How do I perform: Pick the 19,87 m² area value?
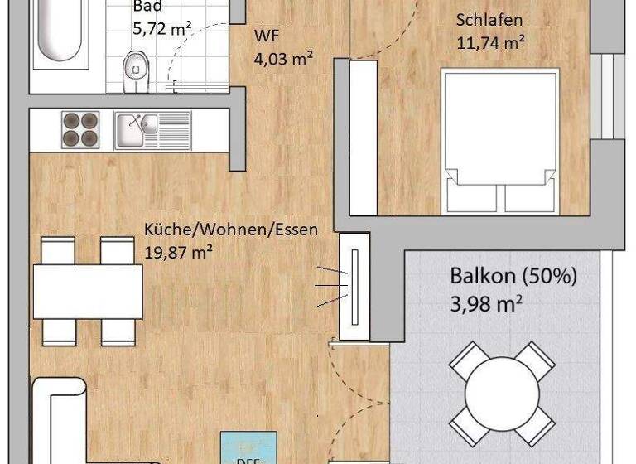(x=177, y=251)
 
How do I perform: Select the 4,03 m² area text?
(x=282, y=58)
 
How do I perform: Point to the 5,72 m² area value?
(x=162, y=28)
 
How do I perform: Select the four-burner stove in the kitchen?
(x=81, y=129)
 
